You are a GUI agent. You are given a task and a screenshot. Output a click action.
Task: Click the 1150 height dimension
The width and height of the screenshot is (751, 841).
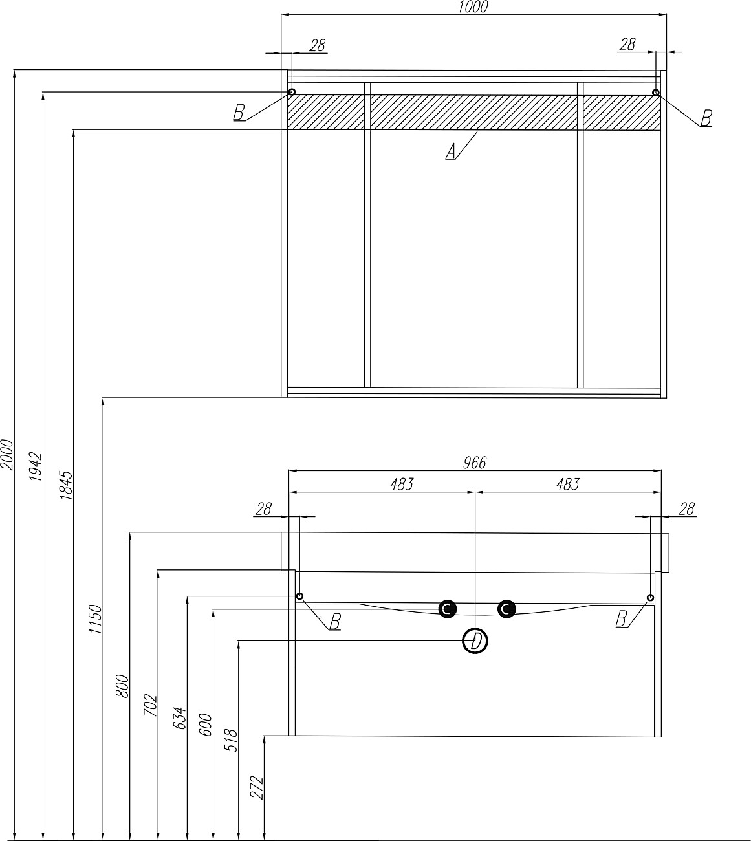[x=96, y=620]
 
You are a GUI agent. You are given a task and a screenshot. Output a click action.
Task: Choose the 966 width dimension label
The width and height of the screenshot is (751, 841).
[x=474, y=463]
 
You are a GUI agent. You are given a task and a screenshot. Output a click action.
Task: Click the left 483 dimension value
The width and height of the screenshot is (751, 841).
[x=401, y=484]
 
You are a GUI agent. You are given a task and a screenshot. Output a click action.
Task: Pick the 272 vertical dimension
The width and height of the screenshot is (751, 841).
[x=257, y=787]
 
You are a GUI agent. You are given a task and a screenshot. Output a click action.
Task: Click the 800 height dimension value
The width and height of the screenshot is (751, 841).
[x=122, y=686]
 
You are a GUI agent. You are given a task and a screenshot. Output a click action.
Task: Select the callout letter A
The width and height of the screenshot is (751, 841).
[x=452, y=152]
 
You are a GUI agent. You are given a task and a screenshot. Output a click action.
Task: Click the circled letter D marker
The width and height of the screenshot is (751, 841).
[x=475, y=642]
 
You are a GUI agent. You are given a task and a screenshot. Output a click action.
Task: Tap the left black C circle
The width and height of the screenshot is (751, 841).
[x=447, y=609]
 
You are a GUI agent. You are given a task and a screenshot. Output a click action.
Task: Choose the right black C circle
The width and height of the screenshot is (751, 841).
[x=506, y=609]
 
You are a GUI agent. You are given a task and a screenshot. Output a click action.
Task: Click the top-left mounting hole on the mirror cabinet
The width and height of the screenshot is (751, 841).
[x=292, y=92]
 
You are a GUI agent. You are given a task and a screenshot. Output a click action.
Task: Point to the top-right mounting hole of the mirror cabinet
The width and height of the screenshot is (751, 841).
[x=656, y=93]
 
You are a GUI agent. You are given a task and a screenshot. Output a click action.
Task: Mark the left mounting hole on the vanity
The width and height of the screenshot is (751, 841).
[x=299, y=596]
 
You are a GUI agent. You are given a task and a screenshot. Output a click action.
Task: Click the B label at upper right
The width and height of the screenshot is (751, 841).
[x=706, y=118]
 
